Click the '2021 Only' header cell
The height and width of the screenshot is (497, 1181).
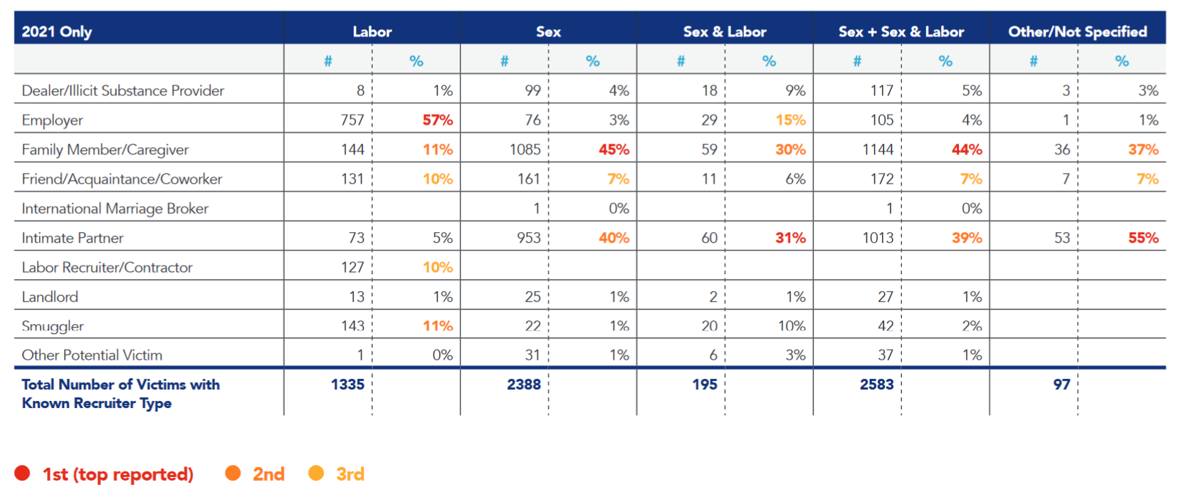57,31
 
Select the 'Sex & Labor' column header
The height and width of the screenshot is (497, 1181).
724,31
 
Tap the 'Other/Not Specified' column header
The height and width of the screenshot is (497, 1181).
1077,31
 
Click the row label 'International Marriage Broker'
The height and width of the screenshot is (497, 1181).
115,209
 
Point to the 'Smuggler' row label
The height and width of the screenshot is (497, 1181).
53,326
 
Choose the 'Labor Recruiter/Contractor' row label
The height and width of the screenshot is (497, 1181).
107,268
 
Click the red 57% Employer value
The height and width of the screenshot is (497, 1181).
437,120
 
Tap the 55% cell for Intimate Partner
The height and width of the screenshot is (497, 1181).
1143,238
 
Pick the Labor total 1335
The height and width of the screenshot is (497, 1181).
347,384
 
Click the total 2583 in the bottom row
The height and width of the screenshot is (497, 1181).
876,384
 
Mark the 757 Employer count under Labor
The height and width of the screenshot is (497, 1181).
352,120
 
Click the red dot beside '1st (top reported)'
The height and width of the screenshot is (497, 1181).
22,474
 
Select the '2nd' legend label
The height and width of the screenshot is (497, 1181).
268,474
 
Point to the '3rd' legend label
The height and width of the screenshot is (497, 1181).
350,474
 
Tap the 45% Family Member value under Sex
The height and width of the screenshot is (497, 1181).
613,150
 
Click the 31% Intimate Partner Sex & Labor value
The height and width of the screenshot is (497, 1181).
790,238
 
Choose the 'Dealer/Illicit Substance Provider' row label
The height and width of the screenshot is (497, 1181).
122,90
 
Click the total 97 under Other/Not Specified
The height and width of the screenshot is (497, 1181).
1061,384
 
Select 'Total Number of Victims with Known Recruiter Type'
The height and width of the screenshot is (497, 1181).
120,394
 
